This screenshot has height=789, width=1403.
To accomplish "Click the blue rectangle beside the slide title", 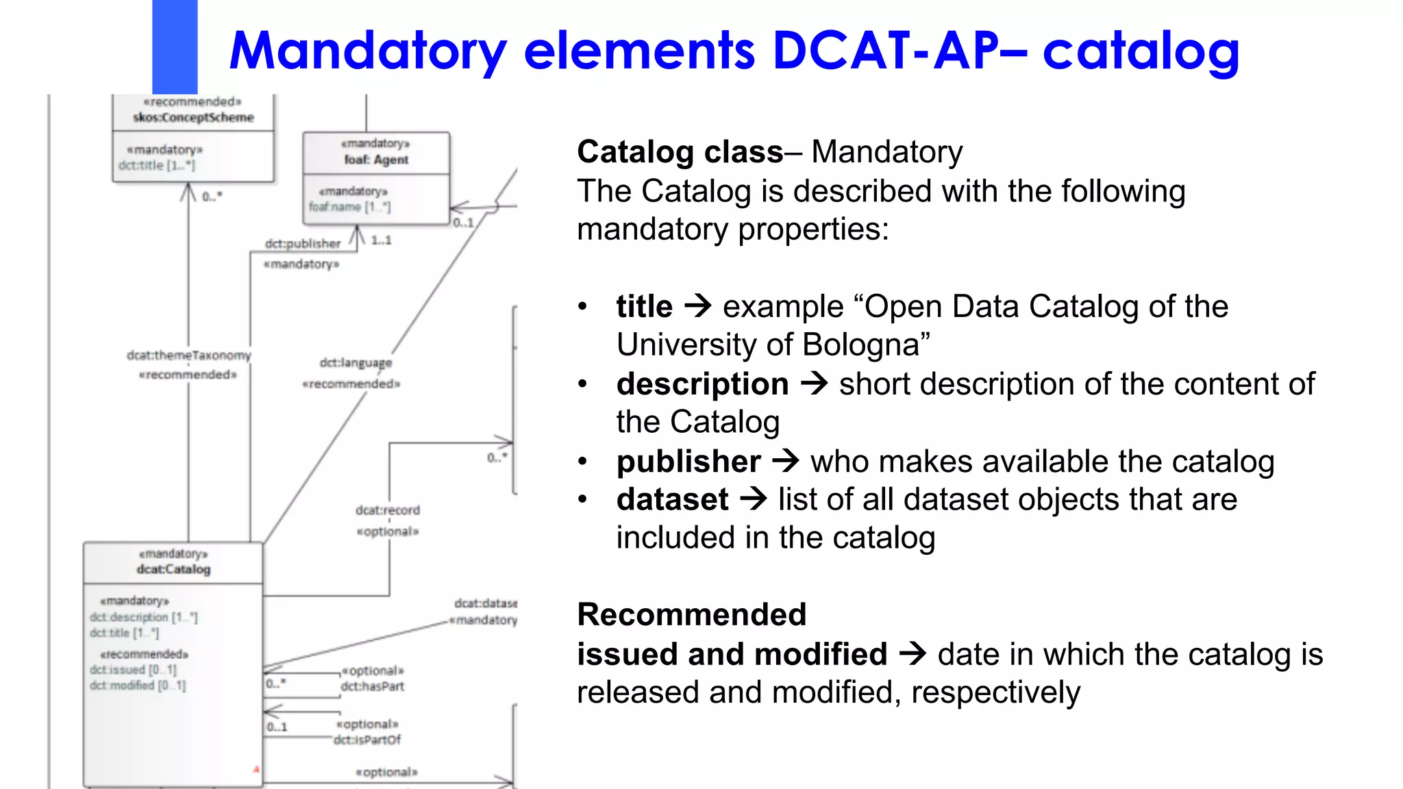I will coord(175,47).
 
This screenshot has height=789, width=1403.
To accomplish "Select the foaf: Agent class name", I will coord(376,160).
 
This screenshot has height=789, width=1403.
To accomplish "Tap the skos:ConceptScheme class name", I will coord(193,118).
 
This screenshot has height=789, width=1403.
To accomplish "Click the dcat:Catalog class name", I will coord(173,569).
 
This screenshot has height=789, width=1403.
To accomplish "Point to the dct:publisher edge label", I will coord(303,244).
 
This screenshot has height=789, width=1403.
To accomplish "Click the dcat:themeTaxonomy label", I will coord(189,355).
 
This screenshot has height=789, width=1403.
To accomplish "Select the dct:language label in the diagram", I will coord(356,363).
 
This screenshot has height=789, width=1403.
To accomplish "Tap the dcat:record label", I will coord(388,510).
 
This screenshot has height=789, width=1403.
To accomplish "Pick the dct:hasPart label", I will coord(373,686).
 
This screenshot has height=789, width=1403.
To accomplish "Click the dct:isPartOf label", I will coord(367,740).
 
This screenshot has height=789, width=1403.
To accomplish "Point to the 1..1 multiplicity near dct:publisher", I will coord(382,240).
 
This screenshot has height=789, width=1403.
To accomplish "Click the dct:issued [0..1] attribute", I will coord(133,670).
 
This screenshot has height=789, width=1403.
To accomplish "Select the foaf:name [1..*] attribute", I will coord(349,207).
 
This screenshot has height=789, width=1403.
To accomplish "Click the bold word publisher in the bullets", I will coord(688,462).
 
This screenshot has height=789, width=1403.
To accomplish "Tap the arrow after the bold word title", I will coord(698,305).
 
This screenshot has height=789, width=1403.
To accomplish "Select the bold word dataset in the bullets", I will coord(672,499).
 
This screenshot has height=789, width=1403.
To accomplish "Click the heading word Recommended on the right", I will coord(691,614).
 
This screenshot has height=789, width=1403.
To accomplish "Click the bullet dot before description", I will coord(582,384).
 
